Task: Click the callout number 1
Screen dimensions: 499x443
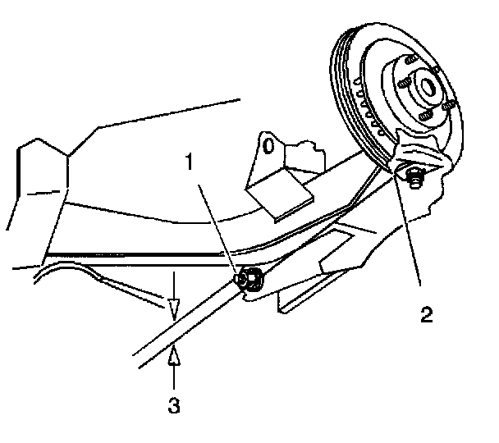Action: [x=190, y=162]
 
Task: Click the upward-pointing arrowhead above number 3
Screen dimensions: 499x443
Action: [x=174, y=356]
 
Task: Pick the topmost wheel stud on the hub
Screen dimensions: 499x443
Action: [x=408, y=61]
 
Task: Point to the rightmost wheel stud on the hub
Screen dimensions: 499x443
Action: [x=448, y=106]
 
